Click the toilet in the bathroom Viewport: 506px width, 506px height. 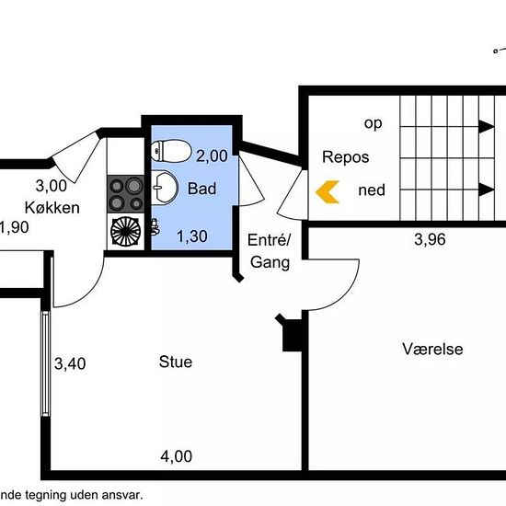click(x=171, y=151)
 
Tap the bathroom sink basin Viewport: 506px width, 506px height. click(x=165, y=187)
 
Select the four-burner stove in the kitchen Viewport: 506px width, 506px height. click(x=125, y=194)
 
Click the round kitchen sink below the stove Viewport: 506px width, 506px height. click(x=125, y=231)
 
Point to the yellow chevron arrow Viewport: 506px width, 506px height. click(x=328, y=192)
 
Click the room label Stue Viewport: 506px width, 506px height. click(x=176, y=362)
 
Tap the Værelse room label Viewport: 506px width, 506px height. click(x=432, y=349)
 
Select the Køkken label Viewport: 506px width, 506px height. click(x=52, y=208)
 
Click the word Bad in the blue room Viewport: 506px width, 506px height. click(x=202, y=189)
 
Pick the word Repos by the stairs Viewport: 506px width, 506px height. click(x=346, y=157)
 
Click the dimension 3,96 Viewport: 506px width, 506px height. click(x=430, y=239)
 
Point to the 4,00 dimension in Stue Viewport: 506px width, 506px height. click(x=177, y=456)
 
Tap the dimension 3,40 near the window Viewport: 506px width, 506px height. click(x=70, y=363)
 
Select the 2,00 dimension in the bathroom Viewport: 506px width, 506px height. click(x=212, y=156)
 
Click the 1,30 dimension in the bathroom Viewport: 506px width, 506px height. click(x=192, y=236)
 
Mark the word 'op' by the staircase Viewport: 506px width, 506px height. click(x=373, y=123)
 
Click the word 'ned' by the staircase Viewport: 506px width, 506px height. click(x=372, y=190)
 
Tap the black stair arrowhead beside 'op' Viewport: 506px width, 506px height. click(x=487, y=126)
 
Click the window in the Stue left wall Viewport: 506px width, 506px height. click(x=46, y=363)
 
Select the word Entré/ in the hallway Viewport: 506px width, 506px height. click(x=270, y=240)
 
